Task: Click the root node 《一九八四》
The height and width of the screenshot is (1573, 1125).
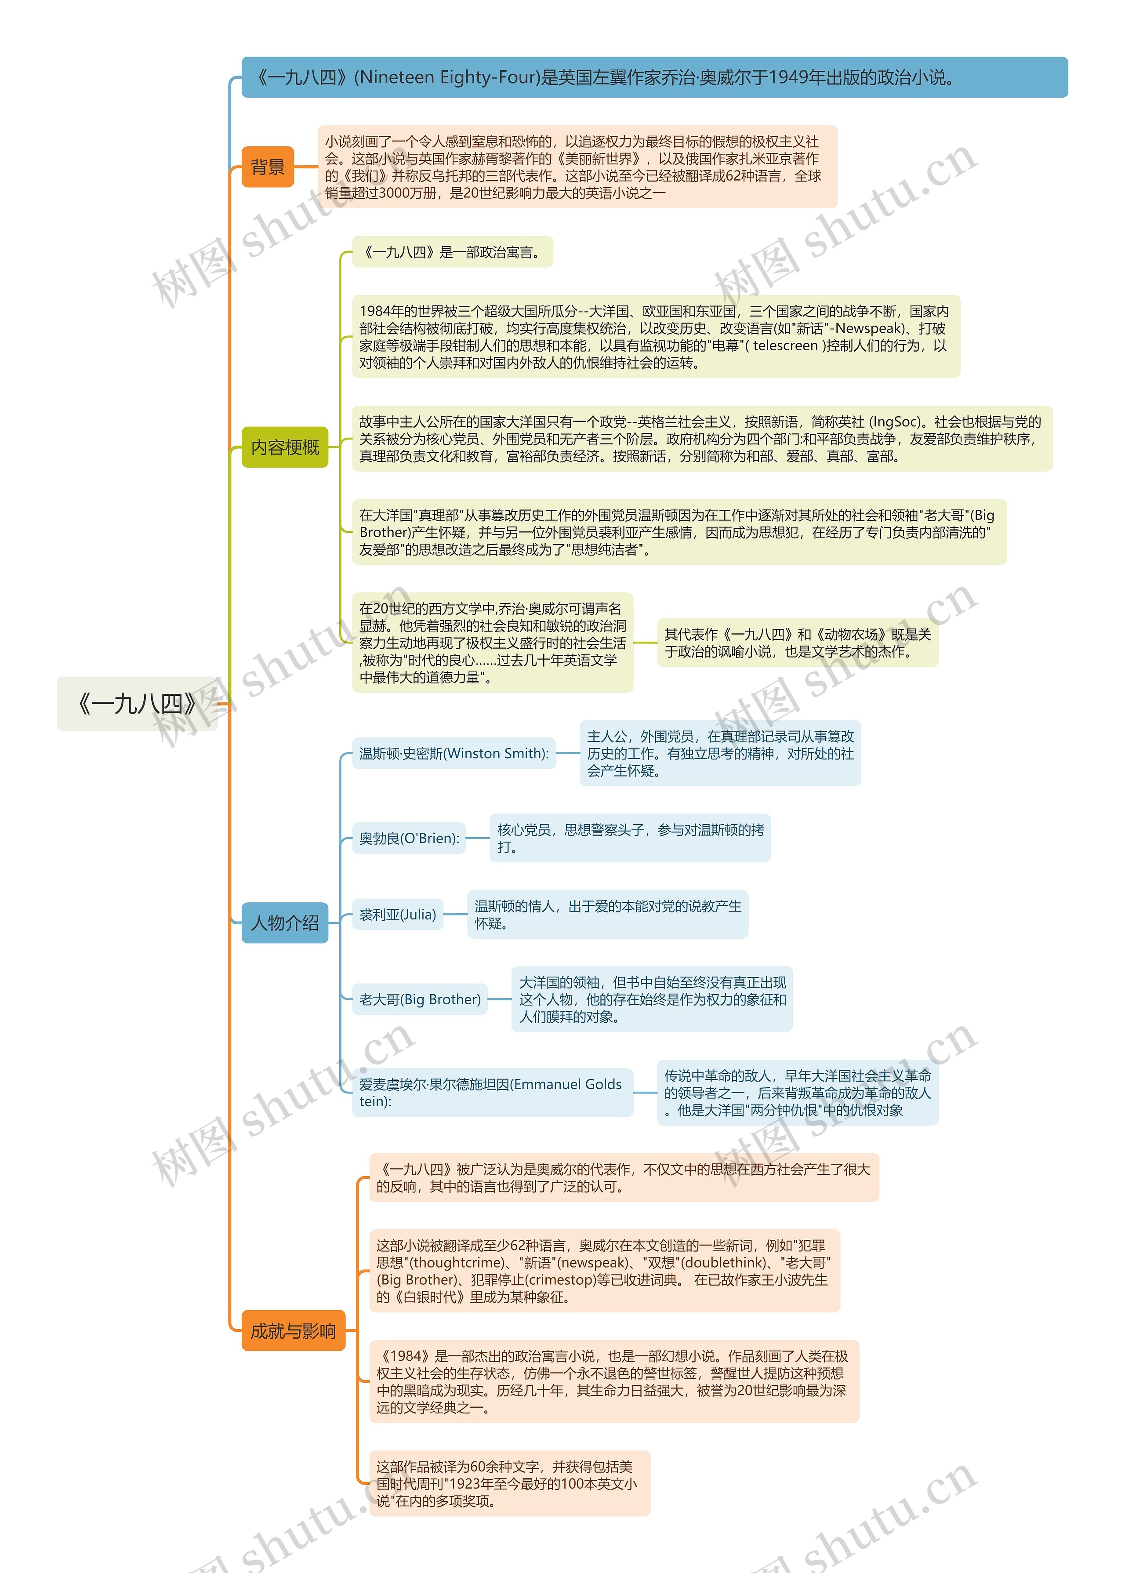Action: coord(137,704)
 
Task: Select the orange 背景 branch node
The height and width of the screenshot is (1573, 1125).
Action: coord(267,167)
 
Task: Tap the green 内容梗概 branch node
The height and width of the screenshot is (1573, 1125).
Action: coord(285,447)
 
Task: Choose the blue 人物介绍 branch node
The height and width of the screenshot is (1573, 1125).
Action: coord(285,923)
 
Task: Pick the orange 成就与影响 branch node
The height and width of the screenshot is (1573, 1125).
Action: coord(293,1330)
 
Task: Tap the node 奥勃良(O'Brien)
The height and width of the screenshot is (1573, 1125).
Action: coord(409,838)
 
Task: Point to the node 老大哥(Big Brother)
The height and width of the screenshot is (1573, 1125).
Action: coord(420,999)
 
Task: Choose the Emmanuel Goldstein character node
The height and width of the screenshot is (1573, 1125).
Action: coord(492,1092)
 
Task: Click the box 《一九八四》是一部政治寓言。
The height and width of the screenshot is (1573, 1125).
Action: coord(452,252)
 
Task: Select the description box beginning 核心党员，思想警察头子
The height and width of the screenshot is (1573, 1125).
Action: coord(630,838)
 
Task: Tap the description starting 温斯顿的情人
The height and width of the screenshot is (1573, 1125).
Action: coord(607,914)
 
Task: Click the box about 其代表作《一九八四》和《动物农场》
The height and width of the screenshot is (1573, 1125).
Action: coord(797,643)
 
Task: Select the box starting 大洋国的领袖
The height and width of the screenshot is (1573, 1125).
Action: coord(652,999)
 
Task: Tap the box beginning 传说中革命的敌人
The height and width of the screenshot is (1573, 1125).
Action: coord(797,1092)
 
